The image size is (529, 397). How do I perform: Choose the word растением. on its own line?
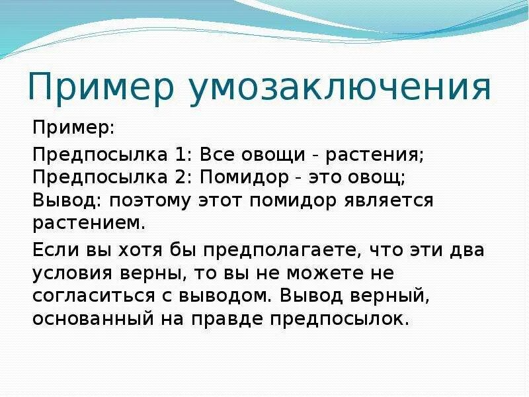[89, 222]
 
